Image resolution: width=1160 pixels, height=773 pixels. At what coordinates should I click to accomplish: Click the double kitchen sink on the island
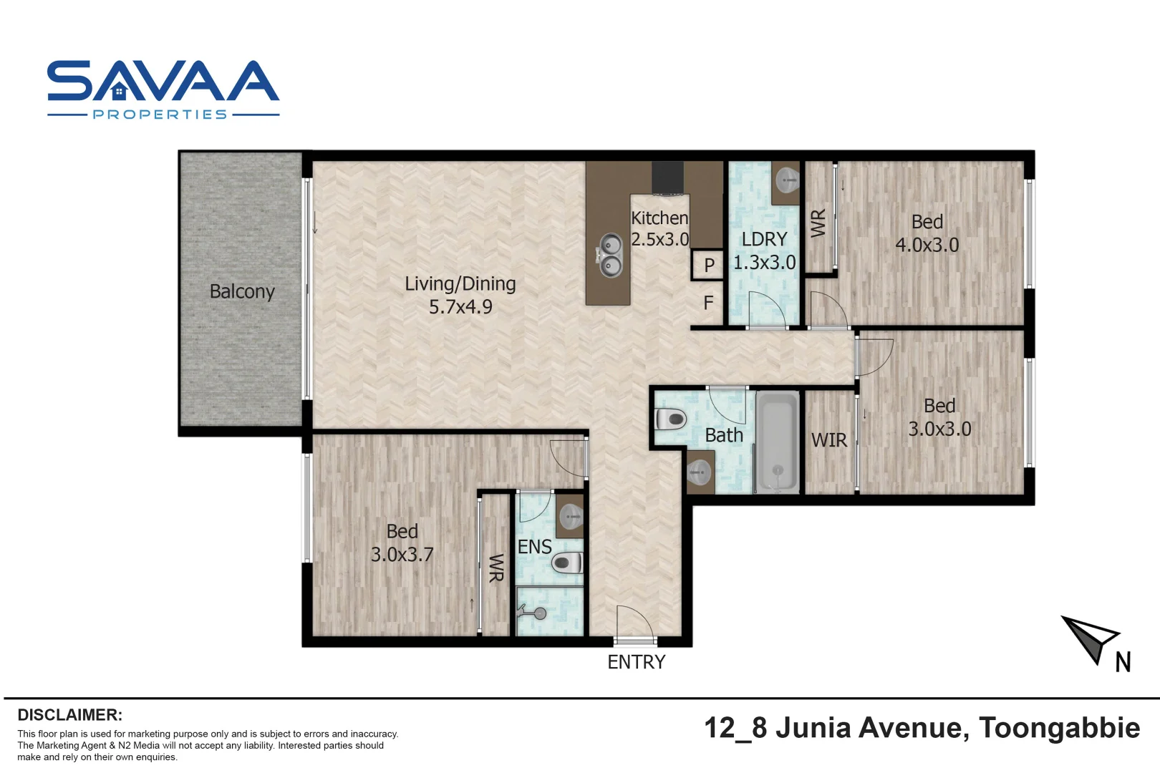coord(610,256)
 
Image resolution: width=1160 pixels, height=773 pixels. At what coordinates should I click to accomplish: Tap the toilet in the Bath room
coord(670,419)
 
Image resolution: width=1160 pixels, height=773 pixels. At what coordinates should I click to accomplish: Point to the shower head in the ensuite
coord(538,613)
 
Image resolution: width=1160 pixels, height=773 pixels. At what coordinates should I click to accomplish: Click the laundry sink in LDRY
coord(787,180)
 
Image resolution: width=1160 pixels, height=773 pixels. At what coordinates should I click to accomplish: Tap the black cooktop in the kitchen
coord(667,178)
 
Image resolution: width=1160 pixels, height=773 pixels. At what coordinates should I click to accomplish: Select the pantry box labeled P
coord(708,265)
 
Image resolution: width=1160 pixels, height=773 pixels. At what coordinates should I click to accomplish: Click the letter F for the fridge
coord(708,303)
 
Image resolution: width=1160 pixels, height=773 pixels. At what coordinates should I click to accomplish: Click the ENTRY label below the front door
coord(636,662)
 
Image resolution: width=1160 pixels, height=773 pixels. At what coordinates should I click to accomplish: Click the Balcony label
coord(242,291)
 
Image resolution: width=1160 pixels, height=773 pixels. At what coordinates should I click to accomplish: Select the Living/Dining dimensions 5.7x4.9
coord(460,307)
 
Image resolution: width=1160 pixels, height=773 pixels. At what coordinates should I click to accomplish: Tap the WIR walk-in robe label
coord(828,440)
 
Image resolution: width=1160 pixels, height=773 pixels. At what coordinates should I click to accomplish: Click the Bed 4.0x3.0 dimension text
coord(927,245)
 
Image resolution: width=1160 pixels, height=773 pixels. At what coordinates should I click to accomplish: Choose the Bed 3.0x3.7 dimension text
coord(402,555)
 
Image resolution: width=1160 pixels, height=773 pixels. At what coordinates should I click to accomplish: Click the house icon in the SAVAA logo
coord(120,92)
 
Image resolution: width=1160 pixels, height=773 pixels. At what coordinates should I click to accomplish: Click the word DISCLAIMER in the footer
coord(69,715)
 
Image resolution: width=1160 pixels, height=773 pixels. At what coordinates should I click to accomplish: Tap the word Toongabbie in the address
coord(1059,728)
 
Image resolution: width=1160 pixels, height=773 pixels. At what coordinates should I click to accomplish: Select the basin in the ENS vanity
coord(571,514)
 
